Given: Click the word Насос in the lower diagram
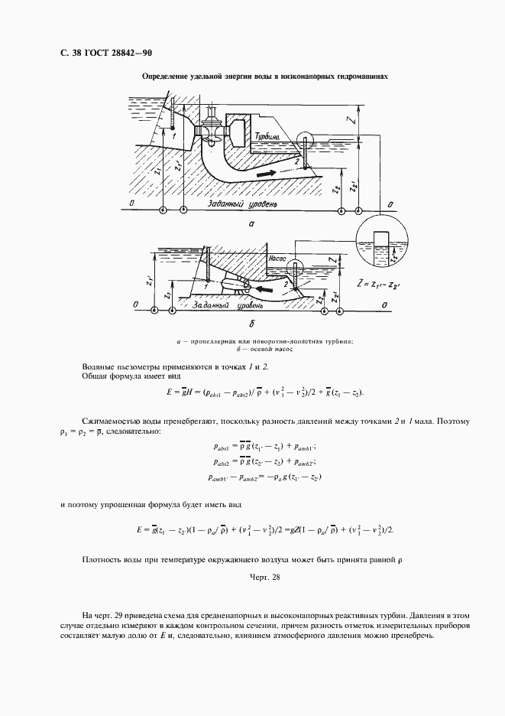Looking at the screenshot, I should [277, 259].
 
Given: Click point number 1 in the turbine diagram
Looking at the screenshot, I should [175, 135].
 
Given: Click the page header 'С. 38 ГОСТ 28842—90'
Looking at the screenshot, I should [102, 54].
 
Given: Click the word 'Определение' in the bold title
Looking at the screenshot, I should [167, 77].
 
